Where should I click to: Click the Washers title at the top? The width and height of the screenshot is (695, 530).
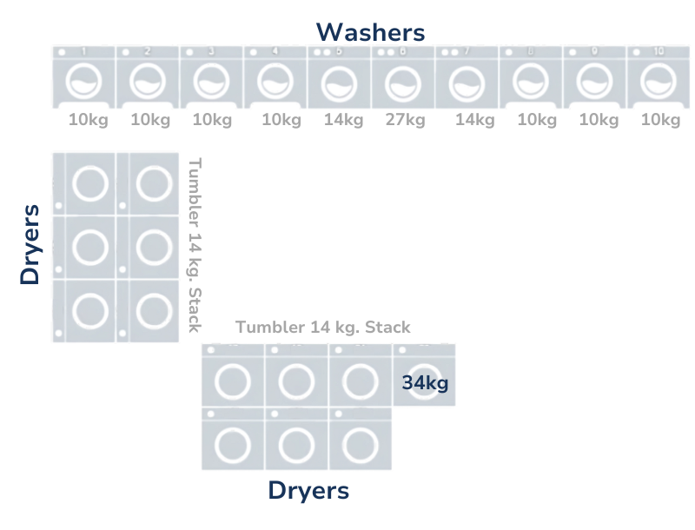(x=371, y=33)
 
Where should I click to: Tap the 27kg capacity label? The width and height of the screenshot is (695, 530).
(x=405, y=121)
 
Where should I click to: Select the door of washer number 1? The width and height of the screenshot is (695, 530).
(x=83, y=83)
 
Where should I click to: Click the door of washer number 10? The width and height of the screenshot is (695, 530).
(x=659, y=83)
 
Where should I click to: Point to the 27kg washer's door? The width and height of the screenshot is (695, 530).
(x=403, y=84)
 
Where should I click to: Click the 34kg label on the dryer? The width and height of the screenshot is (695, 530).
(x=425, y=382)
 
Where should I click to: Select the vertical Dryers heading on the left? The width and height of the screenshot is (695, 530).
(x=31, y=244)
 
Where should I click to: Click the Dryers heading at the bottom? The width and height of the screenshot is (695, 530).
(x=308, y=491)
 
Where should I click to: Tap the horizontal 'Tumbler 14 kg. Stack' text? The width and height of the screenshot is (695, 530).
(x=323, y=328)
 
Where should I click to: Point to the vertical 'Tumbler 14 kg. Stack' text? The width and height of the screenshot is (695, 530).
(x=195, y=244)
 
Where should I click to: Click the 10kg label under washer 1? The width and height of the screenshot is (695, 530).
(x=89, y=121)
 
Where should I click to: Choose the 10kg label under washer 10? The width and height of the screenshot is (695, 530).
(x=660, y=121)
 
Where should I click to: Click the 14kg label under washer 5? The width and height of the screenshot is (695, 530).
(x=343, y=121)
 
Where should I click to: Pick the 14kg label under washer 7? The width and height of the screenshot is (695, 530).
(x=474, y=121)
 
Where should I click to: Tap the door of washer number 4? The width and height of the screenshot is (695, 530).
(x=275, y=83)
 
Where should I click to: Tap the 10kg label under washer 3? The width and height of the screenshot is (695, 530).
(x=212, y=121)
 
